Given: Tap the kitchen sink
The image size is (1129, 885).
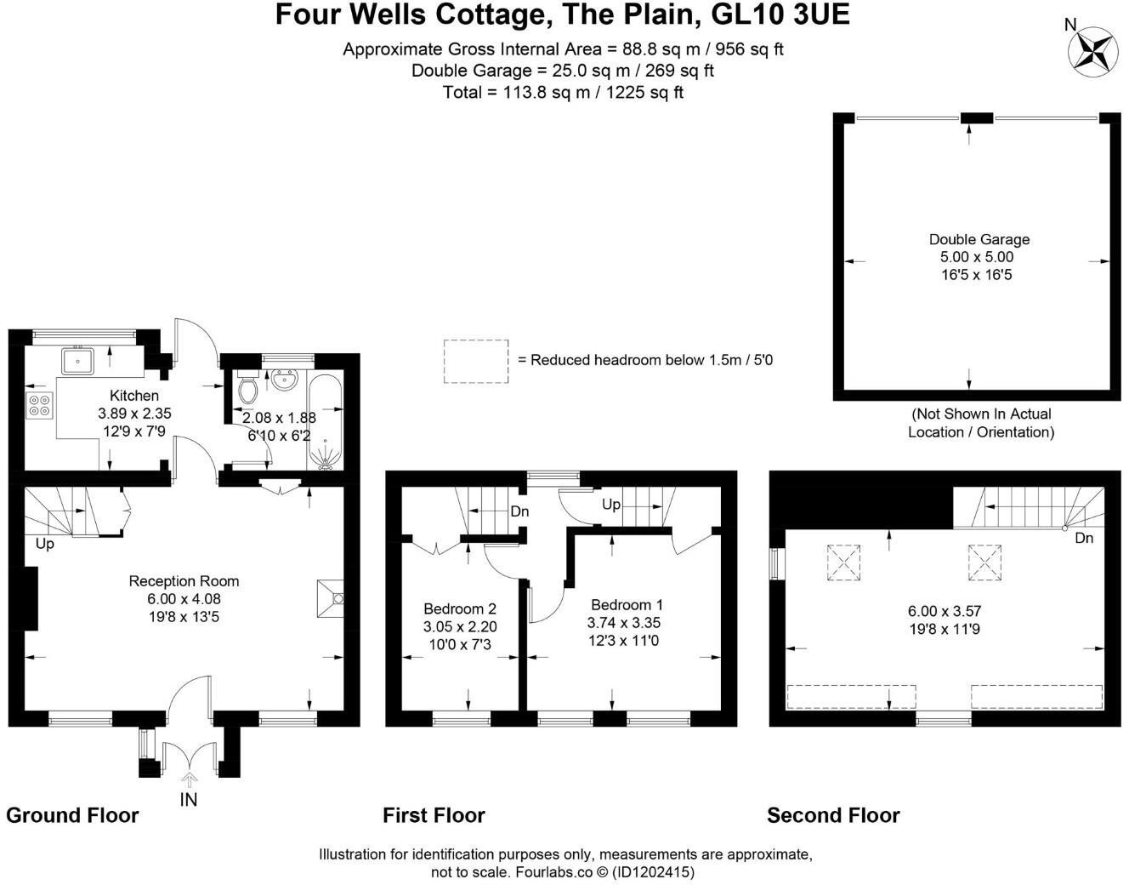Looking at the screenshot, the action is [78, 362].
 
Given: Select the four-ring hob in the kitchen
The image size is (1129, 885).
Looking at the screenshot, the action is [39, 406].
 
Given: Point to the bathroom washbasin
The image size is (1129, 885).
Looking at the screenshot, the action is [284, 379].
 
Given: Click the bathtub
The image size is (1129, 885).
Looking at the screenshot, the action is [325, 422].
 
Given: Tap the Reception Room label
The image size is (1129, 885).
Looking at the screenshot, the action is [184, 581].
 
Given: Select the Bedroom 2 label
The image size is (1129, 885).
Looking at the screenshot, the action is [460, 608].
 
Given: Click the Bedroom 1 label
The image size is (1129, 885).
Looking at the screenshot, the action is [627, 605].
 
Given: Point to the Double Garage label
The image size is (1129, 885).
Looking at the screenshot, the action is [979, 239].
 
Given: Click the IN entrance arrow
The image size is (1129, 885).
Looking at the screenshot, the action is [190, 780].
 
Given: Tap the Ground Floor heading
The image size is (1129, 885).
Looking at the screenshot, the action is [72, 815].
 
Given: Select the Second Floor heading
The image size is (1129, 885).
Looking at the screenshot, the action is [833, 815].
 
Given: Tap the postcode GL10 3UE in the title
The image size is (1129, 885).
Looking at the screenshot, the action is [780, 14].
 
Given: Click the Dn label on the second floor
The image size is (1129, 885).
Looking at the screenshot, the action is [1084, 538].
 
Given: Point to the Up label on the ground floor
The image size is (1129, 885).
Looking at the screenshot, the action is [45, 545].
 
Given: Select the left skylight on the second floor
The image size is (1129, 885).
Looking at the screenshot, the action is [843, 562].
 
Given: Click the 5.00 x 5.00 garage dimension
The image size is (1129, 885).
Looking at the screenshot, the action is [977, 257].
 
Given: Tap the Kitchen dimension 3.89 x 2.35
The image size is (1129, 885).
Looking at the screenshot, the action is [134, 414].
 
